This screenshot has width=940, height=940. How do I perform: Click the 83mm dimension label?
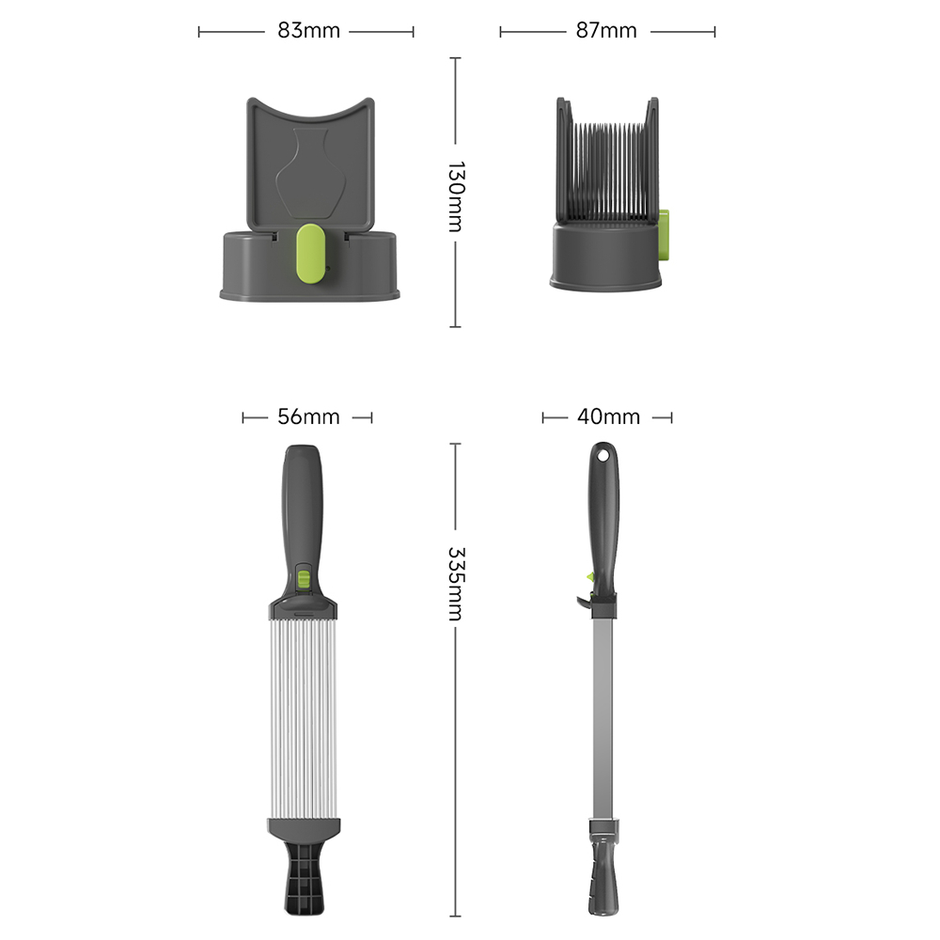click(x=308, y=31)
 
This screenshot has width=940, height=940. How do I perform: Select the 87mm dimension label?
click(x=606, y=31)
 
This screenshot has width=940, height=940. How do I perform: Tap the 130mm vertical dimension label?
click(x=456, y=196)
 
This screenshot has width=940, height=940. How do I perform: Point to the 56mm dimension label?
click(x=308, y=416)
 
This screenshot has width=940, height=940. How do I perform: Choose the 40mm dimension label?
click(x=608, y=416)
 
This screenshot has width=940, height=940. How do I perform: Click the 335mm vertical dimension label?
click(x=456, y=584)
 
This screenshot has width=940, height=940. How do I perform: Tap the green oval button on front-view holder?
click(x=310, y=253)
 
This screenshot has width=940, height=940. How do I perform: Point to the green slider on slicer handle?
click(x=304, y=579)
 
